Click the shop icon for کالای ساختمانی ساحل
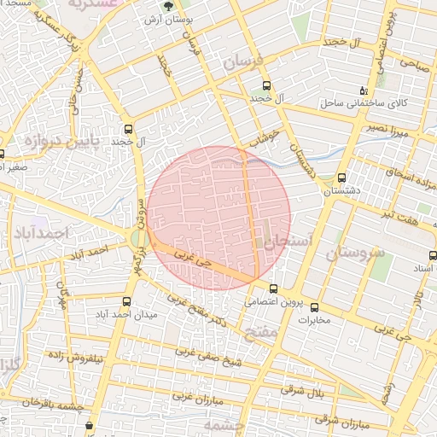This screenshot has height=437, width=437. pyautogui.click(x=364, y=90)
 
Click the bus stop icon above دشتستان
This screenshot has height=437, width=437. pyautogui.click(x=341, y=179)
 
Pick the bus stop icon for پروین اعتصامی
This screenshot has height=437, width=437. pyautogui.click(x=273, y=288)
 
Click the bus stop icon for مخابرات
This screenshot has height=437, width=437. pyautogui.click(x=314, y=307)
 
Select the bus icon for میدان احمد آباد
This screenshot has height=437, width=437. pyautogui.click(x=127, y=301)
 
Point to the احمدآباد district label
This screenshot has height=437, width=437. pyautogui.click(x=40, y=232)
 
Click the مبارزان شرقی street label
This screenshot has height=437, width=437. pyautogui.click(x=335, y=420)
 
